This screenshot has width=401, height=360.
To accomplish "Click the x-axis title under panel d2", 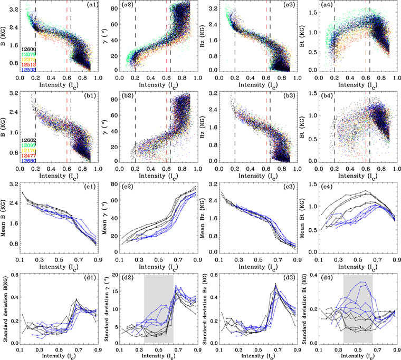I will [158, 356].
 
